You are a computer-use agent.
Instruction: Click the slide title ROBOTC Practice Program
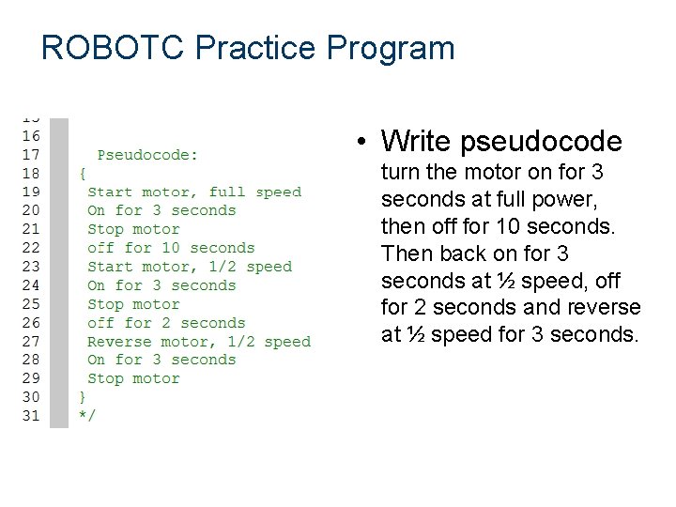tap(248, 47)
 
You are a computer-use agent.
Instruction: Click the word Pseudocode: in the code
tap(147, 155)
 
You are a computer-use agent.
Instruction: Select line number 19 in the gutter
tap(31, 192)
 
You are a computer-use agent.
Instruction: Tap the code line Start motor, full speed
tap(194, 192)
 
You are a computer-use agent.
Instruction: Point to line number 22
tap(31, 248)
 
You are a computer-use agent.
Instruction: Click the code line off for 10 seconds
tap(171, 248)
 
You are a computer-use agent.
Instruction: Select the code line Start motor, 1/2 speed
tap(190, 267)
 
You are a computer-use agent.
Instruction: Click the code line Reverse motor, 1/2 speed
tap(198, 342)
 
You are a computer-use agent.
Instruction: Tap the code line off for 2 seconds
tap(166, 323)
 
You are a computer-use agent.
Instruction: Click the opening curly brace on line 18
tap(82, 174)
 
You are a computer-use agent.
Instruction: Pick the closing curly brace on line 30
tap(82, 397)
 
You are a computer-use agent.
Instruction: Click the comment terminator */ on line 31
tap(85, 416)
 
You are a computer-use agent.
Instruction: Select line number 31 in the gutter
tap(31, 416)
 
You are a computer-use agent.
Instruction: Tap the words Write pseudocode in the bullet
tap(501, 142)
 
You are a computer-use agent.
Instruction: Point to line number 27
tap(31, 342)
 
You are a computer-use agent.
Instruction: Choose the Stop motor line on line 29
tap(133, 379)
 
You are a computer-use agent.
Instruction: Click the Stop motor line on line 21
tap(133, 229)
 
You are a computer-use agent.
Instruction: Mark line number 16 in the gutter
tap(31, 136)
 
